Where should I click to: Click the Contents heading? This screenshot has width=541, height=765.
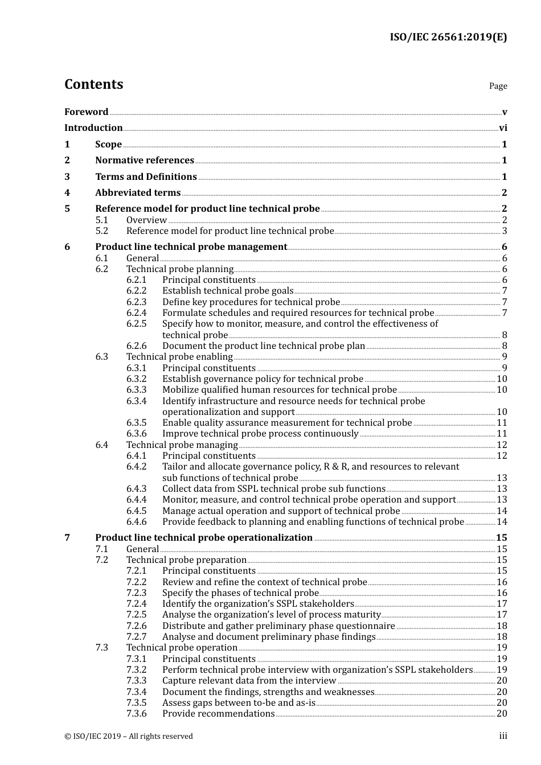click(x=93, y=84)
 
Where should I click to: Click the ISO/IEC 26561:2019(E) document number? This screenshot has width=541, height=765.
click(x=448, y=38)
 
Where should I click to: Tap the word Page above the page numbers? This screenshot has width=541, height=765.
click(x=498, y=86)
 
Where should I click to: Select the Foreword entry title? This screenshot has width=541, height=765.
click(x=86, y=112)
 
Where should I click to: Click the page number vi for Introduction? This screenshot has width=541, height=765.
click(x=503, y=128)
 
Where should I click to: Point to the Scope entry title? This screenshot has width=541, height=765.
click(x=108, y=145)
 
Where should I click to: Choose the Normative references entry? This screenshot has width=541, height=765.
click(x=145, y=161)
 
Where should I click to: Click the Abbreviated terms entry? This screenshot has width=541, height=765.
click(x=138, y=193)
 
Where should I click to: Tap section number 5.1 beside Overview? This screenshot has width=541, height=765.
click(x=101, y=220)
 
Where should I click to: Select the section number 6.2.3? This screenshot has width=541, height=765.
click(x=136, y=302)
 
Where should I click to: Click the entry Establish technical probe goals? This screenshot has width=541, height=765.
click(x=228, y=291)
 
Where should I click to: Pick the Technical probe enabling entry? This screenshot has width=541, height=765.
click(x=179, y=357)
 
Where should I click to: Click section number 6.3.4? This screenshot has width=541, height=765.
click(x=136, y=401)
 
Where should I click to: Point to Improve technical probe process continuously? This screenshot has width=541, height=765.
click(x=260, y=434)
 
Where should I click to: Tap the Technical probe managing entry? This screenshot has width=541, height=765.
click(x=182, y=445)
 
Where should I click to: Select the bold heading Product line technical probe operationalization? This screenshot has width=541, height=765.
click(x=204, y=538)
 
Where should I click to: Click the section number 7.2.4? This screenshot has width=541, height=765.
click(x=136, y=604)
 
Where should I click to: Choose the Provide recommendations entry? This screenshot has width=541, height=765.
click(x=218, y=714)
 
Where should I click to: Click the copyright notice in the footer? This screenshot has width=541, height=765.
click(x=129, y=737)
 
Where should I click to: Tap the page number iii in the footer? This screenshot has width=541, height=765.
click(x=503, y=737)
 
